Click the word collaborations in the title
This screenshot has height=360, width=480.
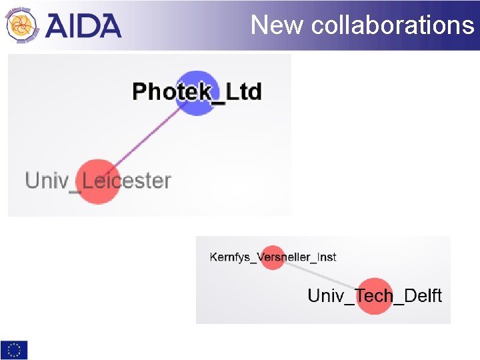click(x=393, y=25)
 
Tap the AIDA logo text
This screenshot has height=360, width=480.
click(x=84, y=25)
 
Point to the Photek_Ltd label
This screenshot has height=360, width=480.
click(x=197, y=91)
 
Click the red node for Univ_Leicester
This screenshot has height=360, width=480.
click(x=97, y=181)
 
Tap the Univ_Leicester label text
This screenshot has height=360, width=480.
click(x=98, y=181)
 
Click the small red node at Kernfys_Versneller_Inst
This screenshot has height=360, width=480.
click(x=272, y=257)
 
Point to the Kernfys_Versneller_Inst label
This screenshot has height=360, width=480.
click(x=273, y=257)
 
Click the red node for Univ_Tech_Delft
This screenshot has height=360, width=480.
click(x=374, y=295)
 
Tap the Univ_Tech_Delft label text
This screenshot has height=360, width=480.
click(x=375, y=295)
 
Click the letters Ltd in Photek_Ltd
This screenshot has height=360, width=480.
click(x=244, y=91)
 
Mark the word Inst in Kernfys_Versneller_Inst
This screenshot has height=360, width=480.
click(x=325, y=257)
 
